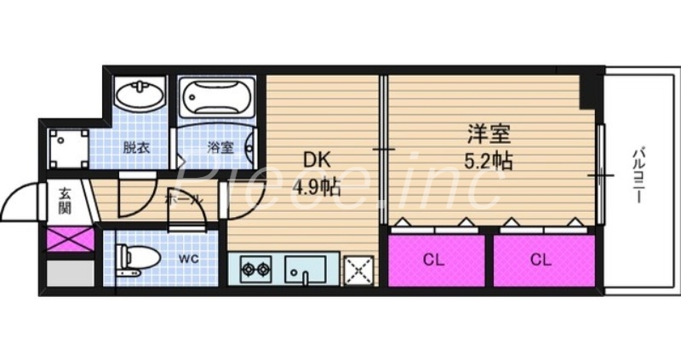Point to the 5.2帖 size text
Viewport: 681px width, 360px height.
pos(489,160)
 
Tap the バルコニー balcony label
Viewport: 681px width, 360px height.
pos(637,174)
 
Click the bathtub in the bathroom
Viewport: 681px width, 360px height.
pos(216,99)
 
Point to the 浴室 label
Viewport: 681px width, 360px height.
pos(220,147)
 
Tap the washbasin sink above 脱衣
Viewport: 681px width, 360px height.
pos(141,95)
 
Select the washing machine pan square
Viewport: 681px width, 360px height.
pos(69,148)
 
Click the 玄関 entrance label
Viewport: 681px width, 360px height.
pos(66,201)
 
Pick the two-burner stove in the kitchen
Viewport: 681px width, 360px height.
pos(255,271)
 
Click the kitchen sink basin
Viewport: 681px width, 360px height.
pos(305,271)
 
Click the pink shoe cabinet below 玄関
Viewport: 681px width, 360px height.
pos(70,237)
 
